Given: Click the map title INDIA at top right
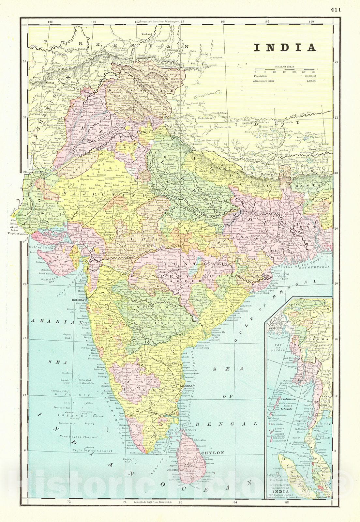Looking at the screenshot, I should coord(285,48).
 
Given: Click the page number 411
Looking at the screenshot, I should coord(336,10).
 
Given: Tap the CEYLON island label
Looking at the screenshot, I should coord(213,453).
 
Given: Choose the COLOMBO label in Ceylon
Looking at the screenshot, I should coord(173,470).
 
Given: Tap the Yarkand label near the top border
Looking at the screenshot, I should coord(147,34).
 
